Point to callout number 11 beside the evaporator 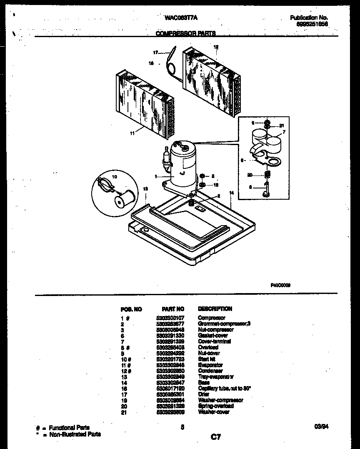(x=132, y=134)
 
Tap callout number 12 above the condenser (x=216, y=47)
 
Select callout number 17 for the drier (x=155, y=53)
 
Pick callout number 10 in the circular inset (x=115, y=177)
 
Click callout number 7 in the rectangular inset (x=283, y=132)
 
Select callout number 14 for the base (x=232, y=193)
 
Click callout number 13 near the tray (x=145, y=189)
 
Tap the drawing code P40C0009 (x=281, y=285)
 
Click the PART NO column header (x=172, y=309)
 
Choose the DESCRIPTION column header (x=215, y=309)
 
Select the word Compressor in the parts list (x=211, y=318)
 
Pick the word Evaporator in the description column (x=210, y=365)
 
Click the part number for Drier (x=172, y=394)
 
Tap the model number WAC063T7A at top (x=181, y=18)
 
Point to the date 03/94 (x=321, y=426)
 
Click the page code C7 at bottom (x=215, y=436)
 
